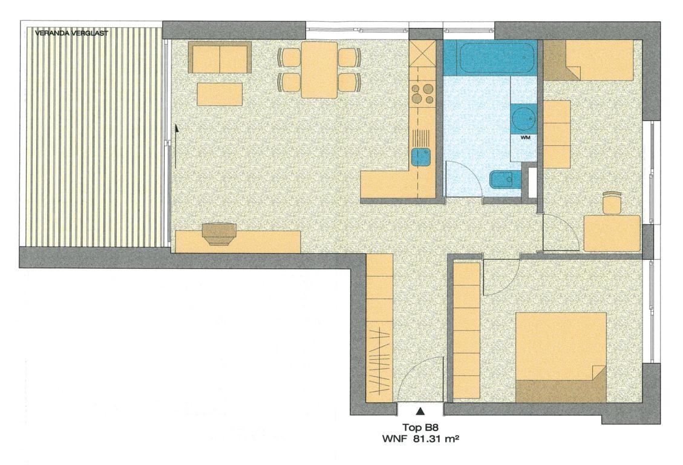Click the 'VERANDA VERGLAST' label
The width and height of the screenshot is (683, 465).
(x=71, y=33)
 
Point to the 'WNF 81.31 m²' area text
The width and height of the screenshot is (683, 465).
(x=421, y=439)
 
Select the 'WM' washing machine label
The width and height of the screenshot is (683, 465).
(x=525, y=137)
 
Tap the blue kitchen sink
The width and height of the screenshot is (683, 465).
(x=421, y=157)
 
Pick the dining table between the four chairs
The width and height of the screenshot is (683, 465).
(x=319, y=70)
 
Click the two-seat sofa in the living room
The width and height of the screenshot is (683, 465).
(x=220, y=58)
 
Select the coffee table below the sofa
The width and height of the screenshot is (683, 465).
(x=220, y=94)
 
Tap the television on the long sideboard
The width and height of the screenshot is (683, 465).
(x=219, y=234)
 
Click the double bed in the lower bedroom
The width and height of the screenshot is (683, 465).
(x=561, y=357)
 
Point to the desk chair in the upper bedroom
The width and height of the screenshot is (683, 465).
(x=612, y=203)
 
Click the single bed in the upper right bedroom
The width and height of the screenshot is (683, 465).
(x=589, y=60)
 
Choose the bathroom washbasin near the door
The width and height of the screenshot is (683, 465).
(x=505, y=180)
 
